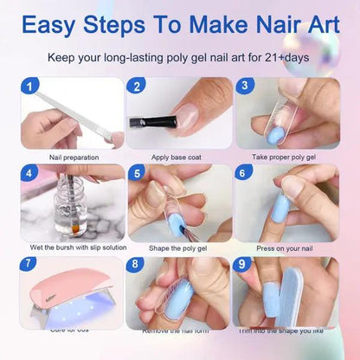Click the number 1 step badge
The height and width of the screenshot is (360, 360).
click(31, 87)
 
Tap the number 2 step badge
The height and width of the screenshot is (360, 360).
click(136, 87)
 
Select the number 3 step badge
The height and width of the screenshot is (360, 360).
click(246, 87)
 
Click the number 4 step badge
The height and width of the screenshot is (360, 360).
click(31, 173)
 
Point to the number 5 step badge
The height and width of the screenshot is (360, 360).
click(136, 173)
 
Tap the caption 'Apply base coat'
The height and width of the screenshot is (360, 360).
click(179, 157)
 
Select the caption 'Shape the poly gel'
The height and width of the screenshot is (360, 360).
click(179, 247)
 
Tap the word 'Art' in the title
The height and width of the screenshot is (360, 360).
click(313, 23)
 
